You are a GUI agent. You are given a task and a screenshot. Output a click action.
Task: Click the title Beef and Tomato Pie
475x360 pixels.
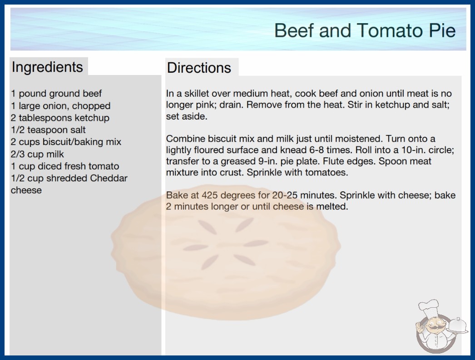(x=365, y=30)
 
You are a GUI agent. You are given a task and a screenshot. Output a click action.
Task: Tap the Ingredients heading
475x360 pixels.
(x=47, y=67)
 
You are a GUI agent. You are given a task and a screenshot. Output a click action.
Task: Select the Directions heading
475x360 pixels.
(x=199, y=68)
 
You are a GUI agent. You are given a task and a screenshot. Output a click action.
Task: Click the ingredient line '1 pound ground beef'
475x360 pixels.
(x=56, y=94)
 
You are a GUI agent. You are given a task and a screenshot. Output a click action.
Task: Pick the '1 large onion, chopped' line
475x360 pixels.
(x=60, y=106)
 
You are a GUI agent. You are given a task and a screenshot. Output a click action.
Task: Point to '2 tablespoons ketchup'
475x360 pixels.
(x=60, y=118)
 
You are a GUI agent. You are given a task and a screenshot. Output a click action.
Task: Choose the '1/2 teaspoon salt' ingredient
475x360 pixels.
(x=48, y=130)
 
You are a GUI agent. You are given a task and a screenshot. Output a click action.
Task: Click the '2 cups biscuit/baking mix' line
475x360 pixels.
(x=66, y=142)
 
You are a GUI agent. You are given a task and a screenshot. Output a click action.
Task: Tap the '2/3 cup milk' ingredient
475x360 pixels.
(x=37, y=154)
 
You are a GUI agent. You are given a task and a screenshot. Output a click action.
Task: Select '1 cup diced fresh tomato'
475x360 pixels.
(x=65, y=166)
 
